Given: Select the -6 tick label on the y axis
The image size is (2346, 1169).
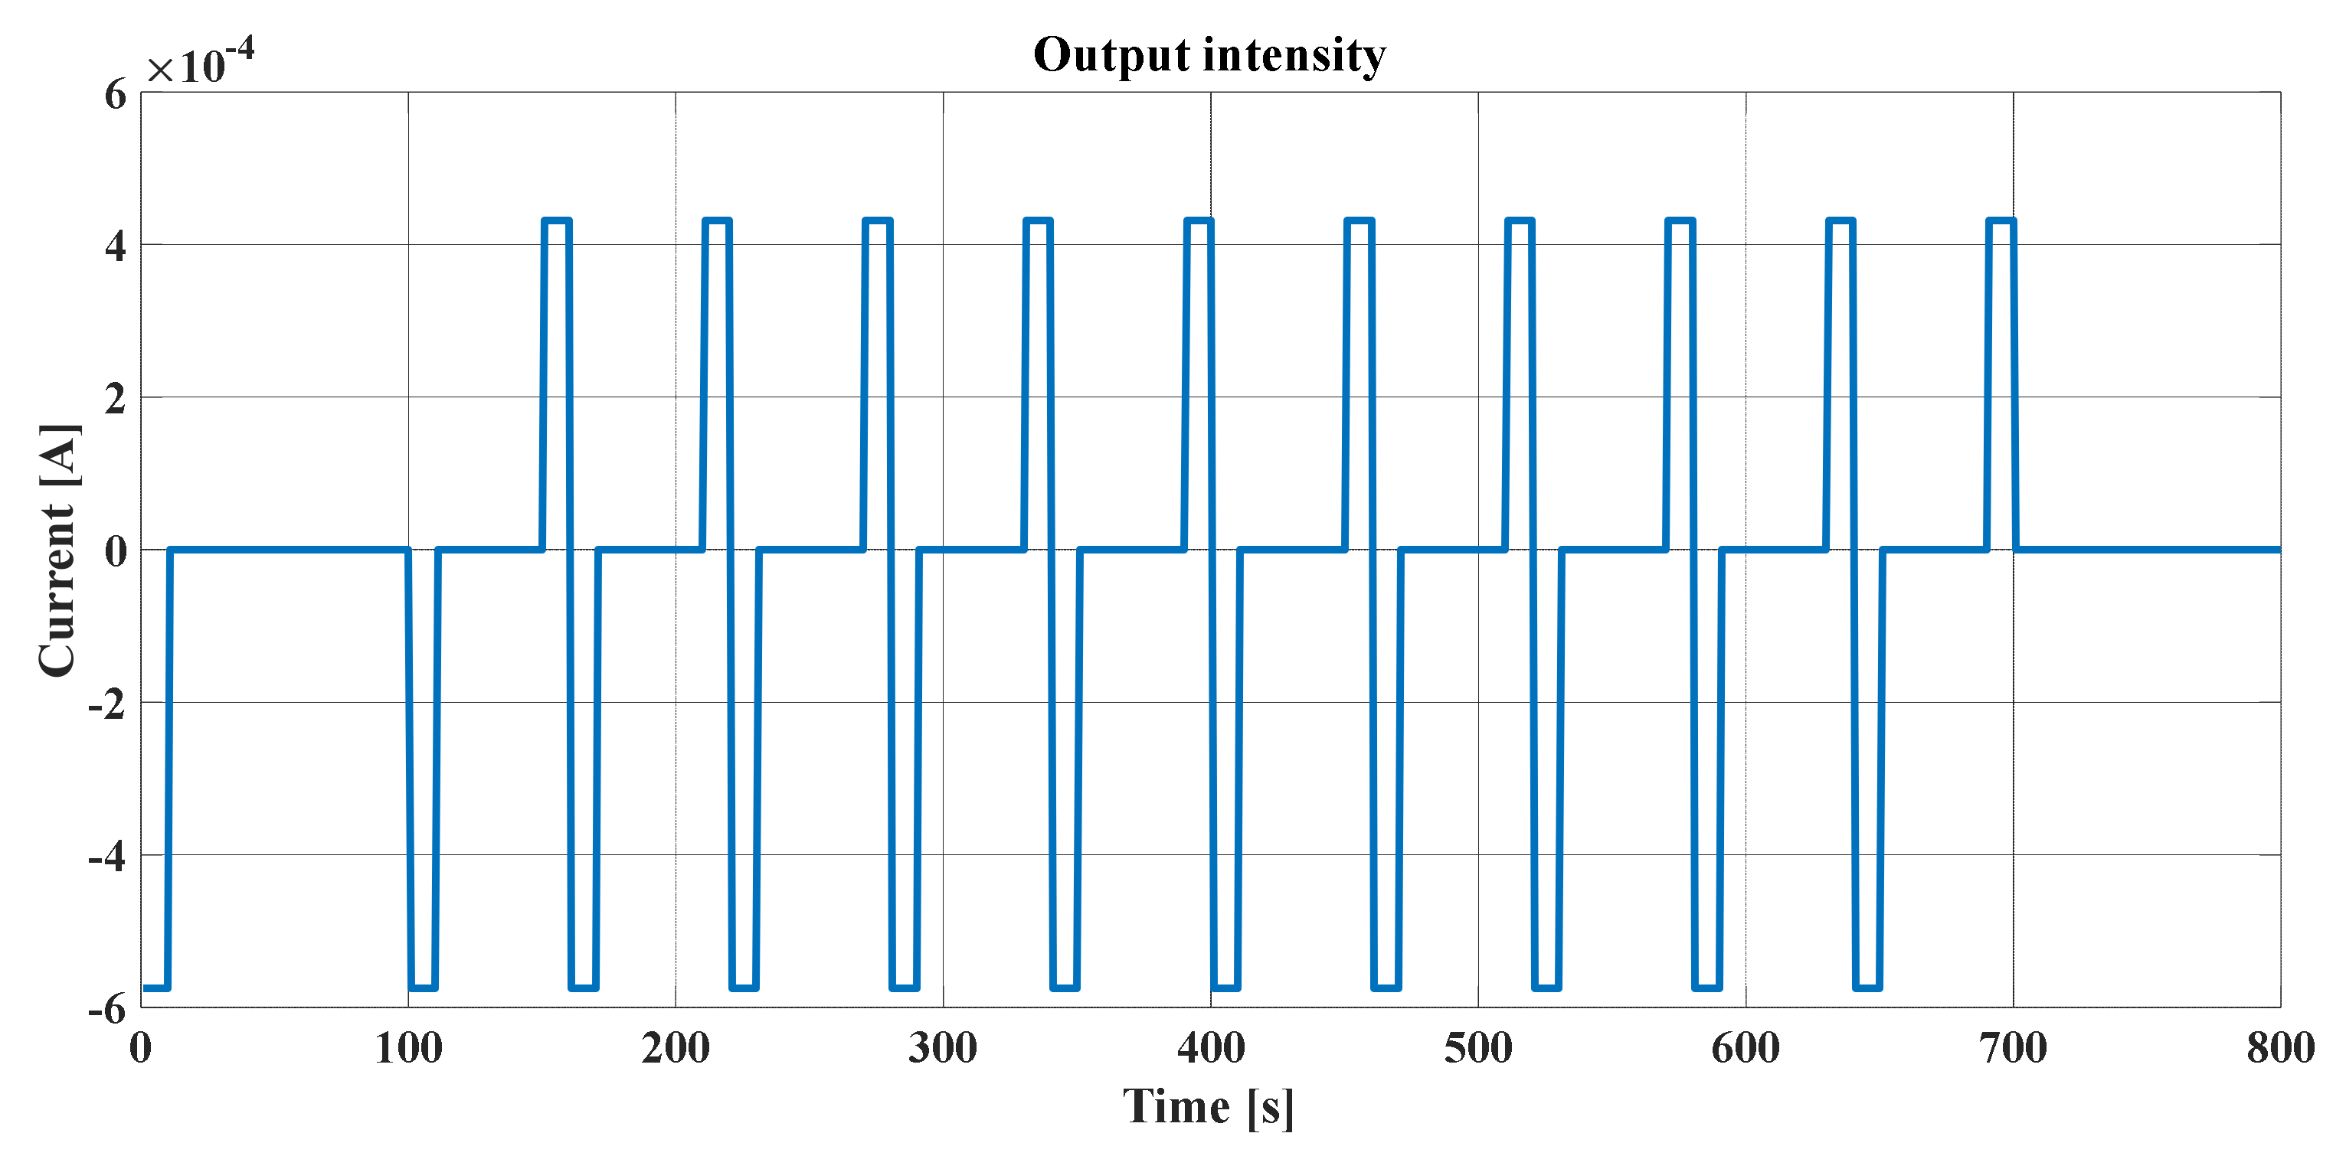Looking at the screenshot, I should pos(107,1009).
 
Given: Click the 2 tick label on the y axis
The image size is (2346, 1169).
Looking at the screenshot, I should pos(116,399).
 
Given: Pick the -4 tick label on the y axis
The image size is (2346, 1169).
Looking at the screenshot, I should pos(107,857).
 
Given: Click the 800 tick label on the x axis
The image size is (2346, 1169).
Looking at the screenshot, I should pos(2280,1048).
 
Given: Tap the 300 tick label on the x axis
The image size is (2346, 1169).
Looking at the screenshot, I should pos(943,1048).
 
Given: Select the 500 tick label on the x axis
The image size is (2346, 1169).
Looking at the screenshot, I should pos(1478,1048).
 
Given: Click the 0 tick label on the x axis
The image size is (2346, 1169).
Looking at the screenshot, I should pos(141,1048).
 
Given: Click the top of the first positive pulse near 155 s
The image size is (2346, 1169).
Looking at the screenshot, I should pos(557,220).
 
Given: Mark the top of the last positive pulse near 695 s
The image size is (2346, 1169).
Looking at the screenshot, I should pos(2001,220).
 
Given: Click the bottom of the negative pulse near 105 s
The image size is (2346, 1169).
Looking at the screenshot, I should pos(424,987).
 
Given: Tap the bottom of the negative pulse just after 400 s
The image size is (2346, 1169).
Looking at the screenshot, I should pos(1225,987).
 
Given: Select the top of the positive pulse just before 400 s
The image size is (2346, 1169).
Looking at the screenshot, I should pos(1199,220).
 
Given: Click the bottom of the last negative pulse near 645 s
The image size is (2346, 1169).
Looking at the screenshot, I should pos(1868,987).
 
